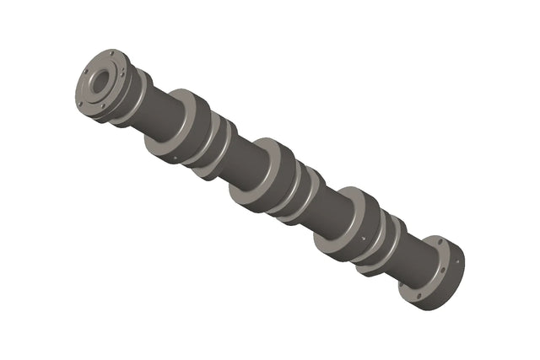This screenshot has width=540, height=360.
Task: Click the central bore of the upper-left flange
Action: tap(100, 83)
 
